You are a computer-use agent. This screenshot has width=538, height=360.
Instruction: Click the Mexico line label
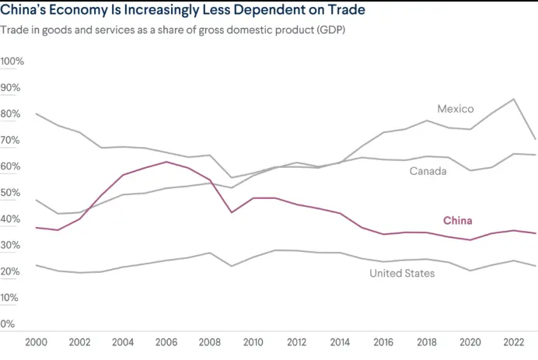point(455,109)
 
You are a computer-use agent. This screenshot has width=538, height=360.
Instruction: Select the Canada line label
point(428,171)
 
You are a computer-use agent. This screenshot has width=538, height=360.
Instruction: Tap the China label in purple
point(457,221)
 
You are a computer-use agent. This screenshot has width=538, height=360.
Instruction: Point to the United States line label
point(402,273)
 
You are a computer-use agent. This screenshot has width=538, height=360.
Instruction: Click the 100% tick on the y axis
point(13,61)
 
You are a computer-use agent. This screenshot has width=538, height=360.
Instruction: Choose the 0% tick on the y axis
point(9,324)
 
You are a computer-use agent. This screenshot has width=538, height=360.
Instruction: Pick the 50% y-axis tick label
point(12,193)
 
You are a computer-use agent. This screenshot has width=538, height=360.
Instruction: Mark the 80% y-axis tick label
point(12,114)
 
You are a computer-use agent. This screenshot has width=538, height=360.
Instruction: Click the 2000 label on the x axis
point(37,342)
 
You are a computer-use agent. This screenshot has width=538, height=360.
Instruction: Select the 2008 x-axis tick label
point(208,342)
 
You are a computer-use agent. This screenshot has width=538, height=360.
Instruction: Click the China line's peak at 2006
point(166,162)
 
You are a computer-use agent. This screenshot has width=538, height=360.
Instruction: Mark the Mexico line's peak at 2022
point(512,99)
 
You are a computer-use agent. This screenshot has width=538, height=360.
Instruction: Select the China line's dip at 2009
point(230,212)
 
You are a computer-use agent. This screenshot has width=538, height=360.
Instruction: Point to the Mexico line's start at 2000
point(37,114)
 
